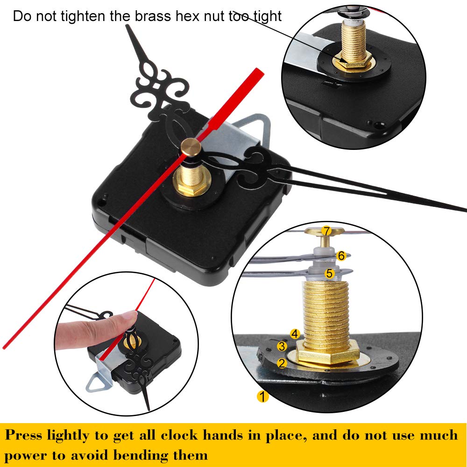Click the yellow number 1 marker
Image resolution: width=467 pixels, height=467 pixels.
click(263, 397)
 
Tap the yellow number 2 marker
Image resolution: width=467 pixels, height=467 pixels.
click(282, 363)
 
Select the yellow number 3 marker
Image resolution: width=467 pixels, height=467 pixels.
click(282, 346)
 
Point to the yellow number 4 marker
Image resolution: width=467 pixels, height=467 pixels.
click(294, 333)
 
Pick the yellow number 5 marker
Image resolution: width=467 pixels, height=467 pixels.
click(330, 274)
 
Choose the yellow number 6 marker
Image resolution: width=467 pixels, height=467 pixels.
click(341, 255)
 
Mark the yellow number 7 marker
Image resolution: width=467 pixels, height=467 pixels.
click(326, 231)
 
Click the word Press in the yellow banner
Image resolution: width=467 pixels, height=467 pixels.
click(26, 435)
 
